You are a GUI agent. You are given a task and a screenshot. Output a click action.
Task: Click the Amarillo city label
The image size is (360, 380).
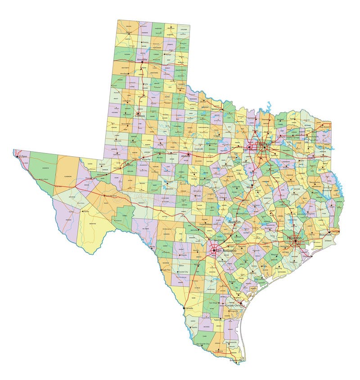142,59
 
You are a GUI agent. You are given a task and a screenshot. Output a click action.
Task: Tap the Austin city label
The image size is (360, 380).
234,222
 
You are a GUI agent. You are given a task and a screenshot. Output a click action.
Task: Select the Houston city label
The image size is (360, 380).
295,237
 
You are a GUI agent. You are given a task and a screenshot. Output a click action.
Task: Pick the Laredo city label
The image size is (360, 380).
189,308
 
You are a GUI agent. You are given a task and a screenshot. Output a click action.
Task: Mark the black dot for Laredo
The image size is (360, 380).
185,308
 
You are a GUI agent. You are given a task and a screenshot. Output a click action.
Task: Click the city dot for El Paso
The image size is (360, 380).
18,157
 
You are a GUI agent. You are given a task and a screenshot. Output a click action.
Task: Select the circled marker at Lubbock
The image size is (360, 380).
138,113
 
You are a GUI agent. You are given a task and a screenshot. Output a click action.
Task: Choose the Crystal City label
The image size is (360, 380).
183,272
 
